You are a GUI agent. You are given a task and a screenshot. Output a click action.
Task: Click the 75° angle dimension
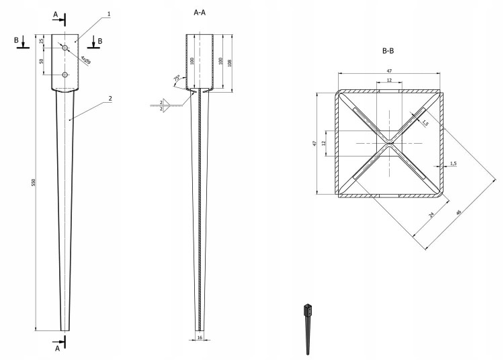177,80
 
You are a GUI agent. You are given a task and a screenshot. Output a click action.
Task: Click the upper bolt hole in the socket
65,49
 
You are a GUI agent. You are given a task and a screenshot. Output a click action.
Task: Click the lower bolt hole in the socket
65,75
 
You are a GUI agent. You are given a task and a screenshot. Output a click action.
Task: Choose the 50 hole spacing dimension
42,62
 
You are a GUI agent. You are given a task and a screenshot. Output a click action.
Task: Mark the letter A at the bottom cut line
58,348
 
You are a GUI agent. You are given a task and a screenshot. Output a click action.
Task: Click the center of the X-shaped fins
390,144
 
